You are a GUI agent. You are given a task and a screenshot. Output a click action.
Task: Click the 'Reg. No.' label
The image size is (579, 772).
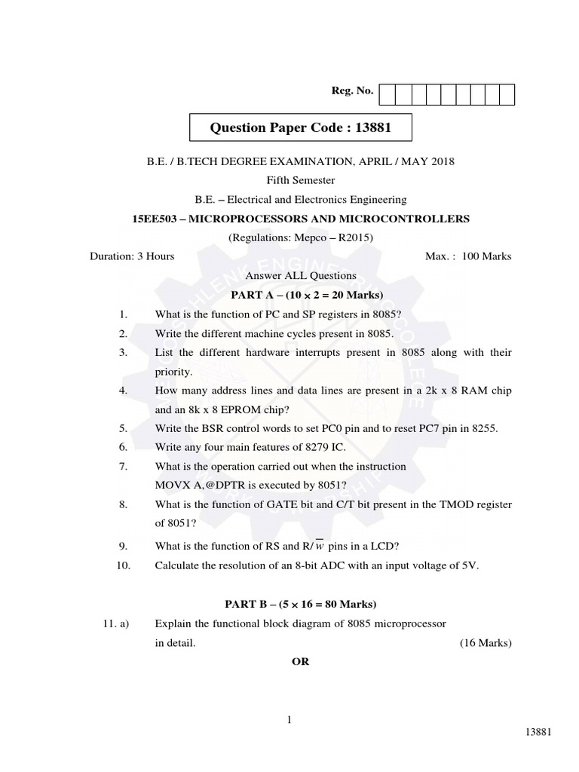pyautogui.click(x=352, y=91)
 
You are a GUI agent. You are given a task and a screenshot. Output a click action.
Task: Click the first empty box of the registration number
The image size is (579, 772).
pyautogui.click(x=387, y=94)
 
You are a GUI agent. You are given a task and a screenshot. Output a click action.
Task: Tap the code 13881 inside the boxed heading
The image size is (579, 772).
pyautogui.click(x=369, y=127)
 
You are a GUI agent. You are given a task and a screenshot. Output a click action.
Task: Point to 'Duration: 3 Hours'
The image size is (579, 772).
pyautogui.click(x=132, y=256)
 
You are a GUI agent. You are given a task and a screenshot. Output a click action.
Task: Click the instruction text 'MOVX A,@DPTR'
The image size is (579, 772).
pyautogui.click(x=201, y=486)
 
